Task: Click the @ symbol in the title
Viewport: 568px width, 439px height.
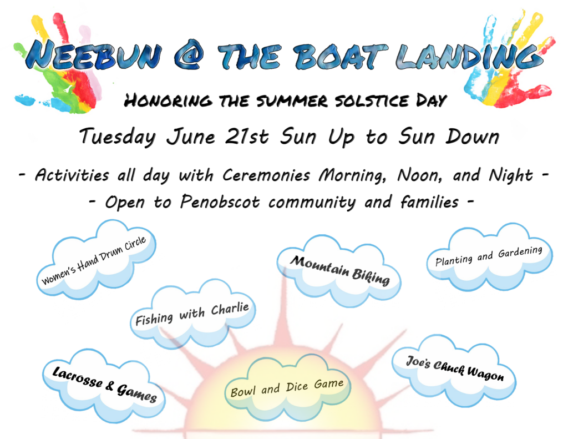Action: coord(189,57)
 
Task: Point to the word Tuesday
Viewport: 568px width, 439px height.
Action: coord(118,137)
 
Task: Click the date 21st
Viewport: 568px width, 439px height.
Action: coord(246,137)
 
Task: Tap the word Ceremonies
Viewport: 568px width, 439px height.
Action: coord(266,175)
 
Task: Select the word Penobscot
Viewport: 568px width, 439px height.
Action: coord(220,202)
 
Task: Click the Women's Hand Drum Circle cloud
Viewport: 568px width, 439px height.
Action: coord(96,259)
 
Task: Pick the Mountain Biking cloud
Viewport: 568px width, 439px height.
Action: coord(339,271)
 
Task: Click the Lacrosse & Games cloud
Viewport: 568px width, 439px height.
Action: coord(104,385)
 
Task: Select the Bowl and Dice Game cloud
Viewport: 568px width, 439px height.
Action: coord(287,387)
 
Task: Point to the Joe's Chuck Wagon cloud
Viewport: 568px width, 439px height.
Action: coord(454,370)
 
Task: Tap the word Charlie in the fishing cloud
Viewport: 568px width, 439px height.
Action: coord(230,309)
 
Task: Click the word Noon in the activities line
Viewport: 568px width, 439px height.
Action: coord(419,175)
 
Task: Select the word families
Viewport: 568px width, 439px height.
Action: coord(429,202)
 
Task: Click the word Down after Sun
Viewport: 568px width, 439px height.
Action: coord(473,137)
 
